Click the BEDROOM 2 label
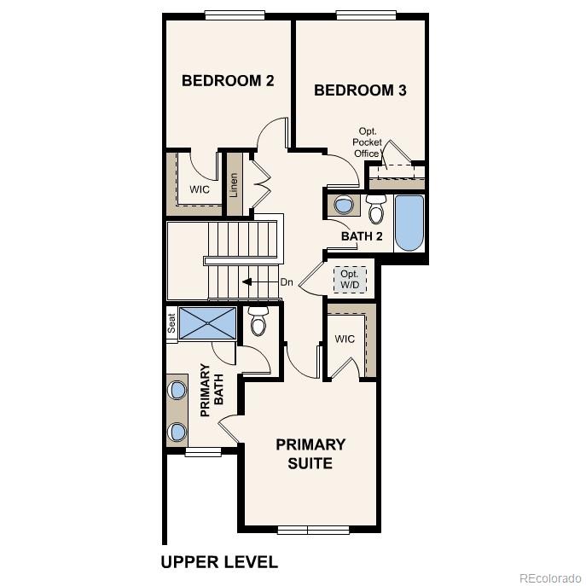(228, 81)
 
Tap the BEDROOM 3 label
(359, 90)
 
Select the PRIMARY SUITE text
(310, 454)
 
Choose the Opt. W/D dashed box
(350, 278)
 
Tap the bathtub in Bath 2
(409, 223)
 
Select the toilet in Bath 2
(376, 208)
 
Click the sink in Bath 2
(344, 206)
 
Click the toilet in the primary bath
(258, 322)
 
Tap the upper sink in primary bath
(177, 390)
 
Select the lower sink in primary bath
(177, 432)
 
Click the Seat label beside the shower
(171, 324)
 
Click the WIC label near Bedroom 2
(200, 189)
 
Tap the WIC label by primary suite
(345, 339)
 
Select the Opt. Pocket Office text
(367, 142)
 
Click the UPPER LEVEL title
(219, 562)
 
